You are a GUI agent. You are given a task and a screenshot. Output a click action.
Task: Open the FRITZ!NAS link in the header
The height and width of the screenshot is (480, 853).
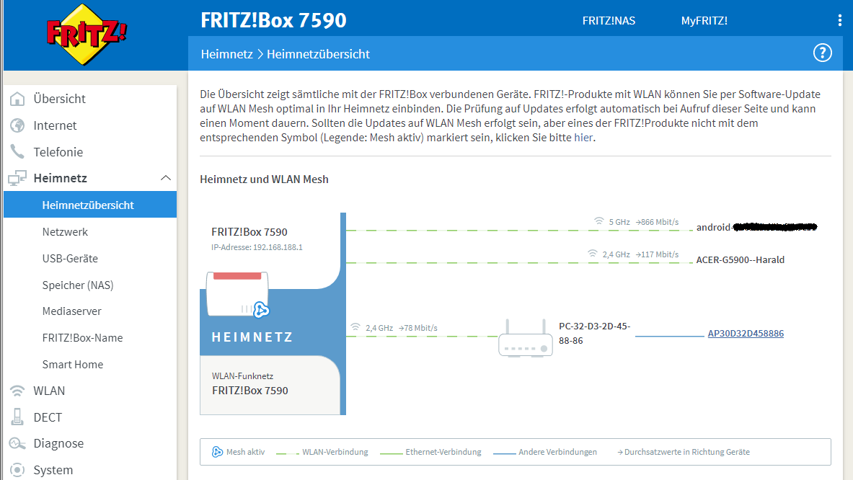pos(609,20)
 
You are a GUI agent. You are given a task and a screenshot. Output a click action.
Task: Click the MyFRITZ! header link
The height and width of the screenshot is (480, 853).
pos(704,20)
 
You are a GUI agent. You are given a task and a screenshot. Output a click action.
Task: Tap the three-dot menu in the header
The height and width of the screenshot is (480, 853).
pos(839,20)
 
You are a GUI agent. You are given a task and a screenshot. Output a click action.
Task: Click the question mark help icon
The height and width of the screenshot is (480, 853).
pos(822,53)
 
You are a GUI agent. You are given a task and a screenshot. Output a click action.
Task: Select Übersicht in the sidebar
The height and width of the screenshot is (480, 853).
pos(59,99)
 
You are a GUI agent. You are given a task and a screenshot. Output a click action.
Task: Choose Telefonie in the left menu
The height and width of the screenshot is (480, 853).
pos(58,152)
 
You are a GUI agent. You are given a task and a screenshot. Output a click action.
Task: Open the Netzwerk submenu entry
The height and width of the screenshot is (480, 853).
pos(65,232)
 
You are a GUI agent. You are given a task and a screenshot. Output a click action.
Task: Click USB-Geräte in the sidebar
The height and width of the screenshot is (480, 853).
pos(70,258)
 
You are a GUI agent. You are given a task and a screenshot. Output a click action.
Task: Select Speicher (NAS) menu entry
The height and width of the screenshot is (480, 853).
pos(78,285)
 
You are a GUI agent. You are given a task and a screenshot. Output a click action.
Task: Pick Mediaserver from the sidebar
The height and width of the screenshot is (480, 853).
pos(71,311)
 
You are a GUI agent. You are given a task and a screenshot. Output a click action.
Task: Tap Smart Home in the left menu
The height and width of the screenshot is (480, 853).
pos(72,364)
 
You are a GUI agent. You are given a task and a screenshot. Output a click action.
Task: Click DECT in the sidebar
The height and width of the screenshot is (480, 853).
pos(48,417)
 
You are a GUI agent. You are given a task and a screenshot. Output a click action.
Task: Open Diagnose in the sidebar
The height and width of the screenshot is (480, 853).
pos(58,443)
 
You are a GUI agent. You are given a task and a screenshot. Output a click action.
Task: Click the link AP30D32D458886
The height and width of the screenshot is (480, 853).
pos(746,334)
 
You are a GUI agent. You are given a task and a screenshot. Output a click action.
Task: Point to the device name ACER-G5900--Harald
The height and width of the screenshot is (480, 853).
pos(740,259)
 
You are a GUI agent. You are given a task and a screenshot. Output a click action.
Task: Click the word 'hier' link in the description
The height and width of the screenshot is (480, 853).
pos(584,138)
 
